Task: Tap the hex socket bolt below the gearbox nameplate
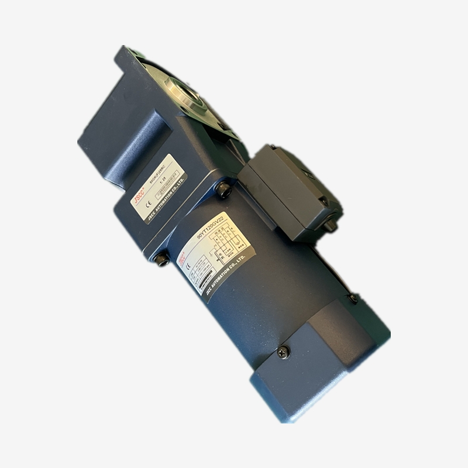coord(161,260)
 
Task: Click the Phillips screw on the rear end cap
coord(284,352)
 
